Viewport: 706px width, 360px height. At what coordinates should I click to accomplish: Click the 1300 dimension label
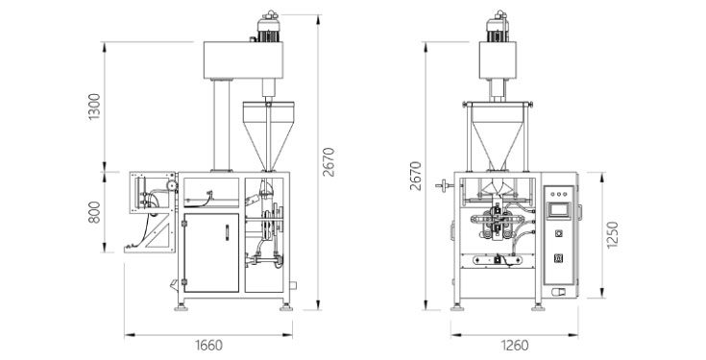tap(94, 107)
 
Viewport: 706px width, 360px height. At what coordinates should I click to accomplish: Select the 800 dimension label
tap(94, 212)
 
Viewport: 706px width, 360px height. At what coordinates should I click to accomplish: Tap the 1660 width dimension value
tap(209, 346)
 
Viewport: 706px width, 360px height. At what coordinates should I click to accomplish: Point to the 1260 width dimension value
tap(515, 346)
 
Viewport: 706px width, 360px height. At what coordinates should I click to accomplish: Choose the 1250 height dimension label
tap(613, 234)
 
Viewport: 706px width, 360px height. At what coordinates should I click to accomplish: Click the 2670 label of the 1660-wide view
tap(329, 161)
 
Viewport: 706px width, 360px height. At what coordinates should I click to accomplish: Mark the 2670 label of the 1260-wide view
tap(416, 176)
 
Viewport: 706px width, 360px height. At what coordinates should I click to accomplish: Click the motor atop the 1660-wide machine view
tap(268, 27)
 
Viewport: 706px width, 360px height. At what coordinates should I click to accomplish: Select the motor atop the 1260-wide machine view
tap(498, 27)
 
